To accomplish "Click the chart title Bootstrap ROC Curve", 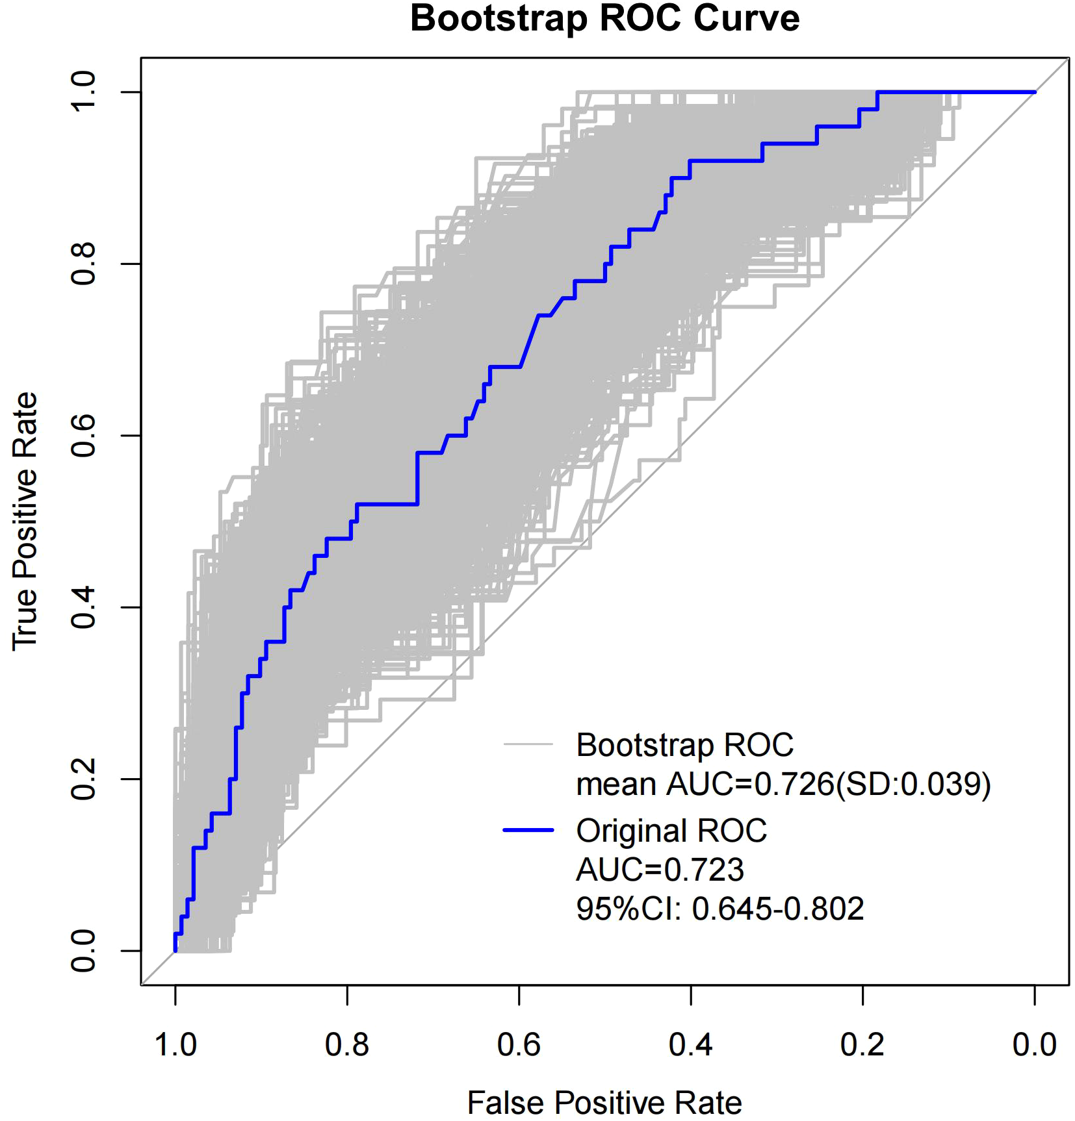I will point(604,18).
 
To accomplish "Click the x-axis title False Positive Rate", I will point(604,1102).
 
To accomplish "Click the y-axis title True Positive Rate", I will point(25,521).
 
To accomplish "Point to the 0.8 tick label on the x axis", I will point(347,1045).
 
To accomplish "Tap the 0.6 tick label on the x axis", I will point(519,1045).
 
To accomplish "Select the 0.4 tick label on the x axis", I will point(690,1045).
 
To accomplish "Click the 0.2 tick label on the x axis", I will point(862,1045).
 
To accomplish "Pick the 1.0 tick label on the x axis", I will point(175,1045).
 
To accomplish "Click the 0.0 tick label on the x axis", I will point(1035,1045).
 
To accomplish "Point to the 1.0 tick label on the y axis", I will point(83,92).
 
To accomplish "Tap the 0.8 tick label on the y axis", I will point(83,264).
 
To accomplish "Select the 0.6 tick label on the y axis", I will point(83,435).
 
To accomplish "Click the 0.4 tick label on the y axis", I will point(83,607).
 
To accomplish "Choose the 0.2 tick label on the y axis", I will point(83,779).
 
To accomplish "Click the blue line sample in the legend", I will point(528,830).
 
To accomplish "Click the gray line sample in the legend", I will point(528,744).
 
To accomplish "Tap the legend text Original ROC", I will point(671,831).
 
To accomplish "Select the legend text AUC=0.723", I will point(660,870).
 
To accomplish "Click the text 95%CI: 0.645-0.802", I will point(719,909).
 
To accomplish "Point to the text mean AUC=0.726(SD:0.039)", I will point(783,784).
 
